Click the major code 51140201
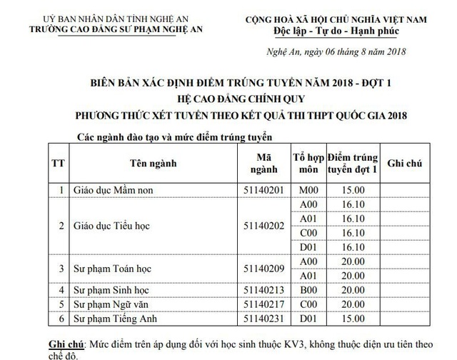click(x=264, y=189)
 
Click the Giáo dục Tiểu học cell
click(x=111, y=226)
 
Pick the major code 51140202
click(x=264, y=226)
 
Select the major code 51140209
click(x=264, y=269)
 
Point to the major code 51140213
click(x=264, y=289)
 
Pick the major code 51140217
click(x=264, y=304)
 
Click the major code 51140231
click(x=264, y=318)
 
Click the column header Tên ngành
click(x=153, y=164)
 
